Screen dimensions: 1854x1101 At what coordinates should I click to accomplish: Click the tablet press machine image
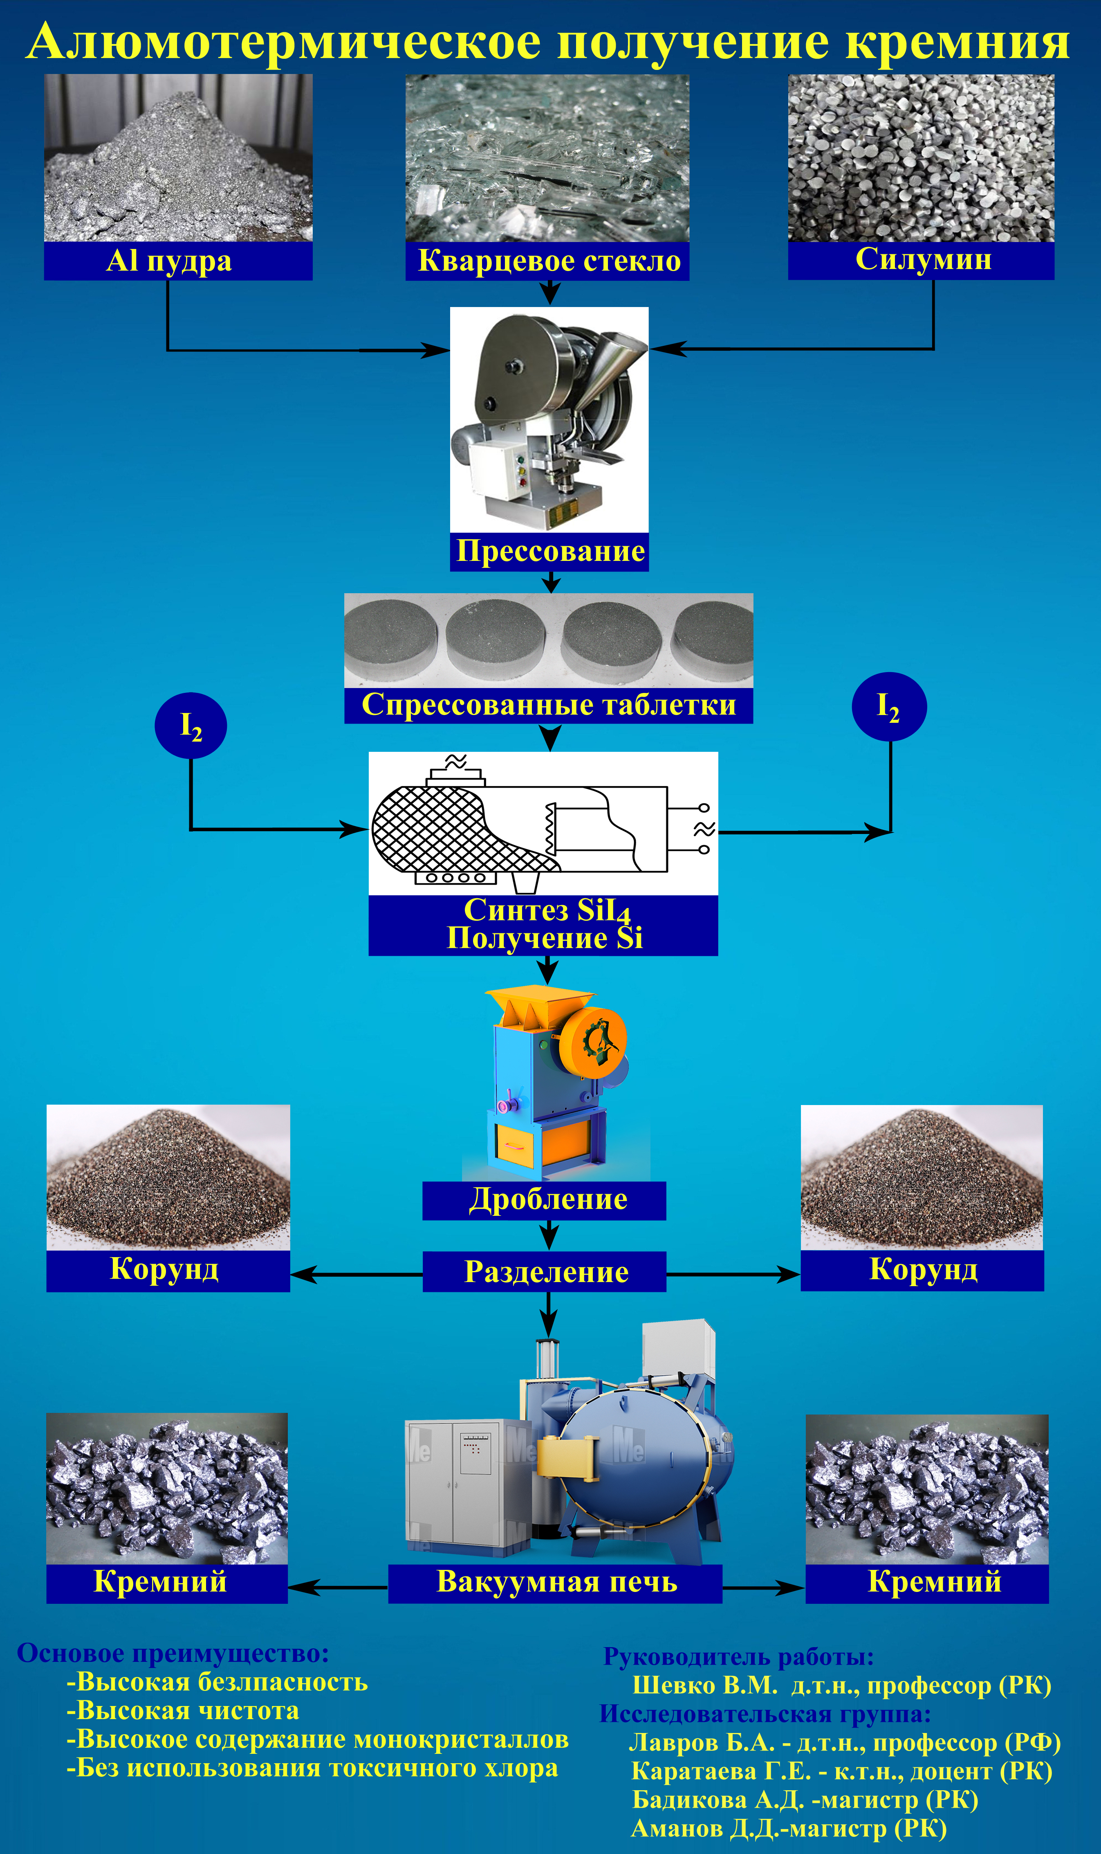549,419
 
